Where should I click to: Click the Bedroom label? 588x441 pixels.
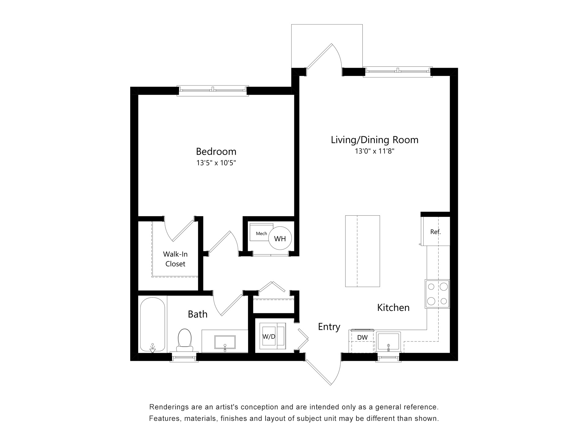tap(216, 152)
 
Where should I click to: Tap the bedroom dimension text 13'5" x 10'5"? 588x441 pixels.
tap(216, 163)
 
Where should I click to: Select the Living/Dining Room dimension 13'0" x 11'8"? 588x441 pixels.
tap(374, 151)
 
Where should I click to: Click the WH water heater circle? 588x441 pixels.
tap(280, 239)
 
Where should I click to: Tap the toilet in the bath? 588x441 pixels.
tap(184, 339)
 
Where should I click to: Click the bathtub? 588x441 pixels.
tap(153, 325)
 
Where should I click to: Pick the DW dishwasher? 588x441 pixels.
tap(362, 338)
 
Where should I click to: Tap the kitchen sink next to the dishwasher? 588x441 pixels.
tap(388, 342)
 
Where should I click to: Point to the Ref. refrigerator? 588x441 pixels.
tap(435, 232)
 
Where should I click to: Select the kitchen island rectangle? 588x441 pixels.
tap(362, 251)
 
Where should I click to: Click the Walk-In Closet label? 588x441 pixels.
tap(175, 259)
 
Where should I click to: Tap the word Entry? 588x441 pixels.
tap(329, 327)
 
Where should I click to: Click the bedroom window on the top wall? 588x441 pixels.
tap(213, 90)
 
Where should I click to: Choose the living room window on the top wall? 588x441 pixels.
tap(398, 71)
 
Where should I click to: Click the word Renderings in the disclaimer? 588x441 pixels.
tap(168, 407)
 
